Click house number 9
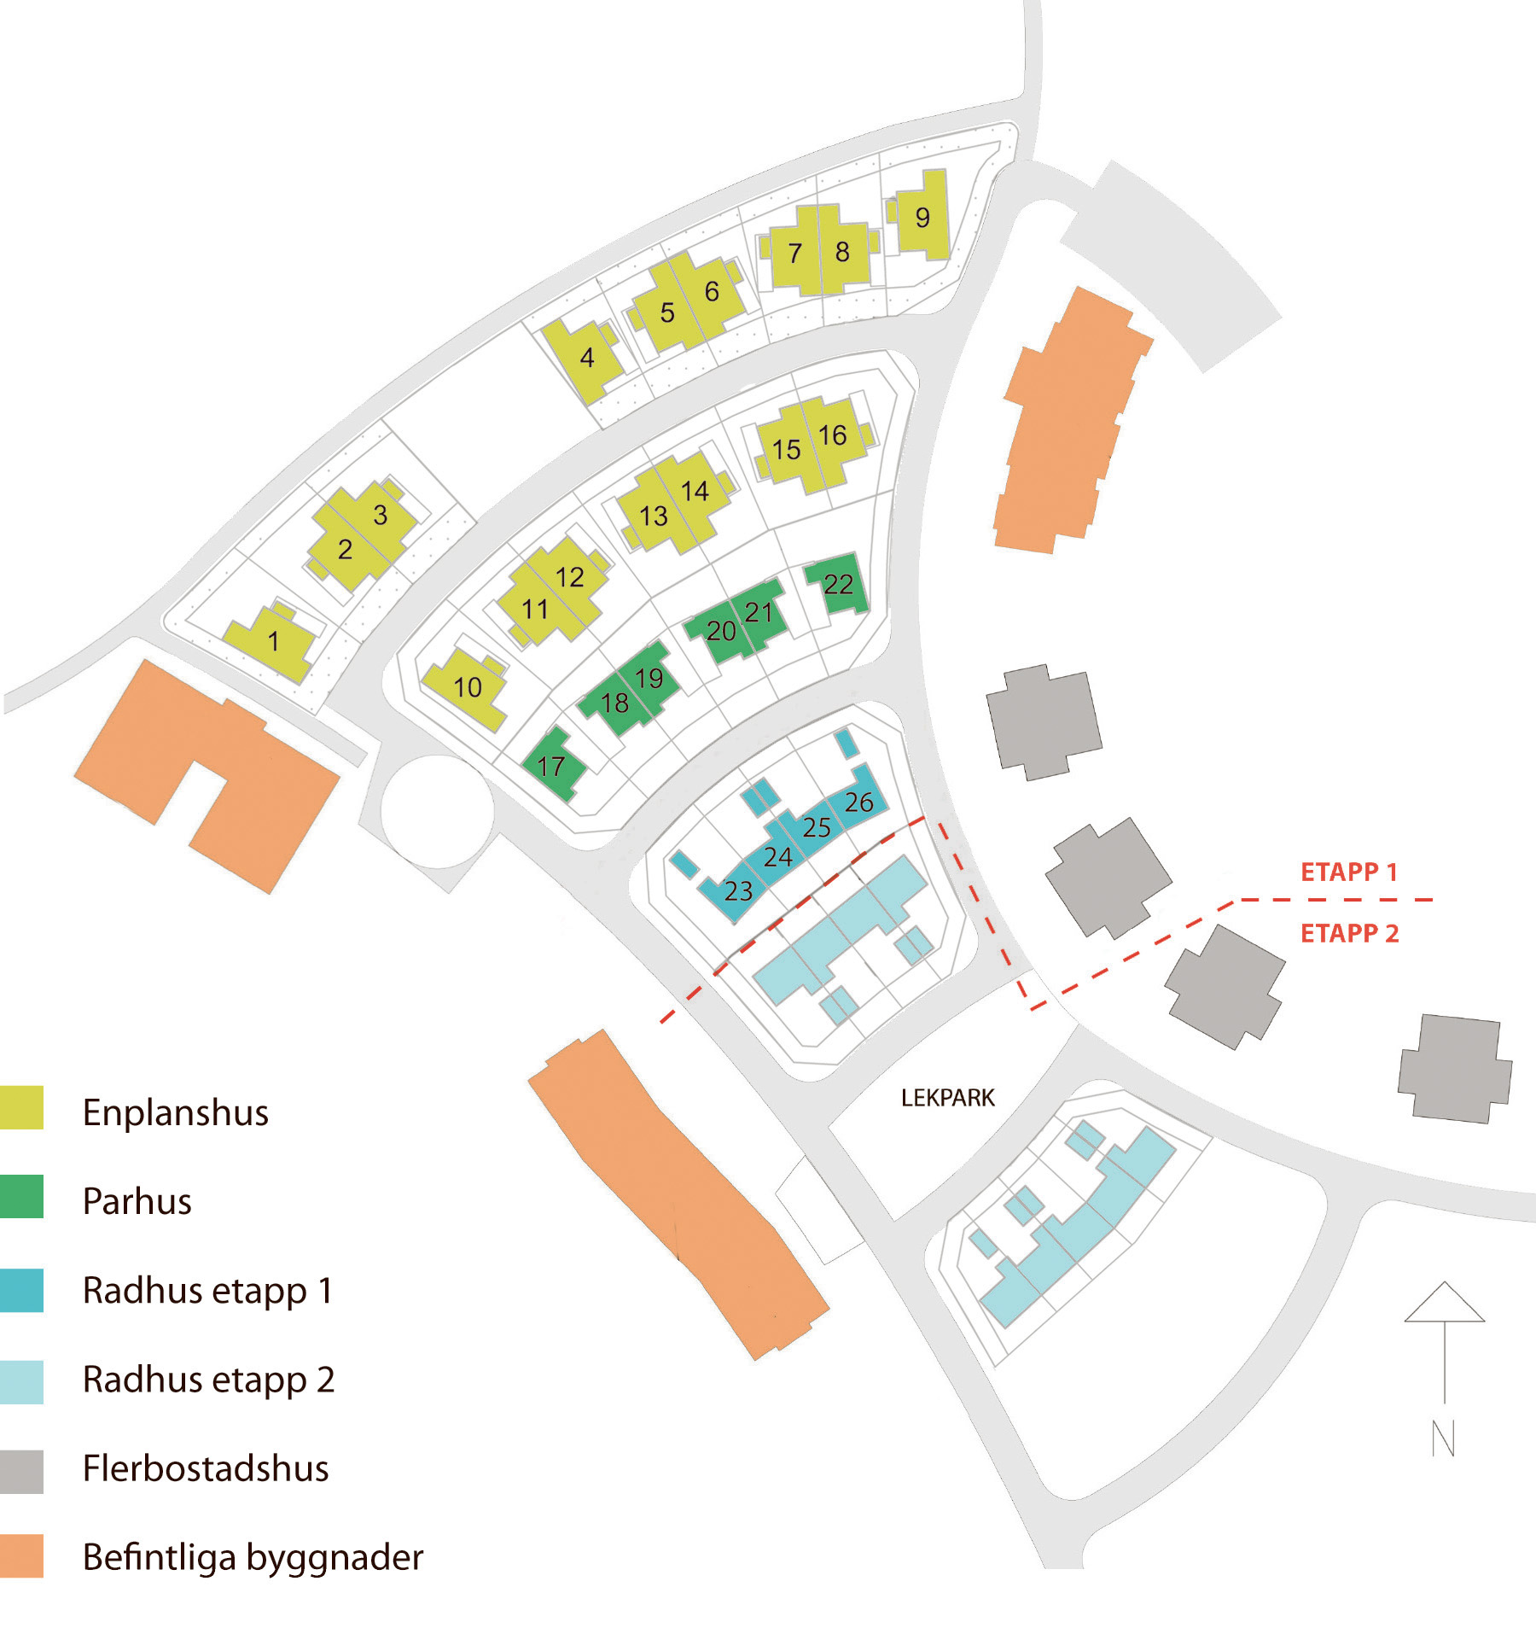tap(922, 218)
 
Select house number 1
tap(273, 641)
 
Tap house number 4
tap(587, 358)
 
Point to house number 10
tap(468, 687)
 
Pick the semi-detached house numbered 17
tap(552, 766)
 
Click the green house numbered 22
tap(838, 585)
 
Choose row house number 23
tap(738, 891)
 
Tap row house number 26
tap(859, 802)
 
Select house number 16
tap(833, 436)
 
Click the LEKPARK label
tap(948, 1098)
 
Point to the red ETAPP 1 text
tap(1348, 872)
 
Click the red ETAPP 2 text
tap(1349, 933)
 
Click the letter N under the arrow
tap(1443, 1438)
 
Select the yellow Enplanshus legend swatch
tap(21, 1108)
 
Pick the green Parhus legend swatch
tap(21, 1196)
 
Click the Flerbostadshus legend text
tap(206, 1468)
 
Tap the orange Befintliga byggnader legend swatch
tap(21, 1555)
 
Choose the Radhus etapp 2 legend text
tap(208, 1379)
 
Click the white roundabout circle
tap(437, 812)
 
